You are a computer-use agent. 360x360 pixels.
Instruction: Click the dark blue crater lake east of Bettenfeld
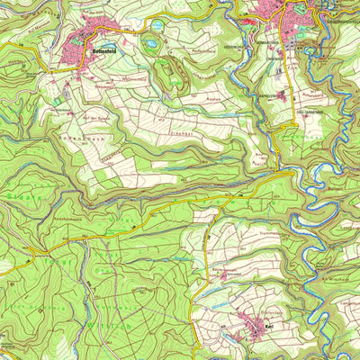point(150,41)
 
